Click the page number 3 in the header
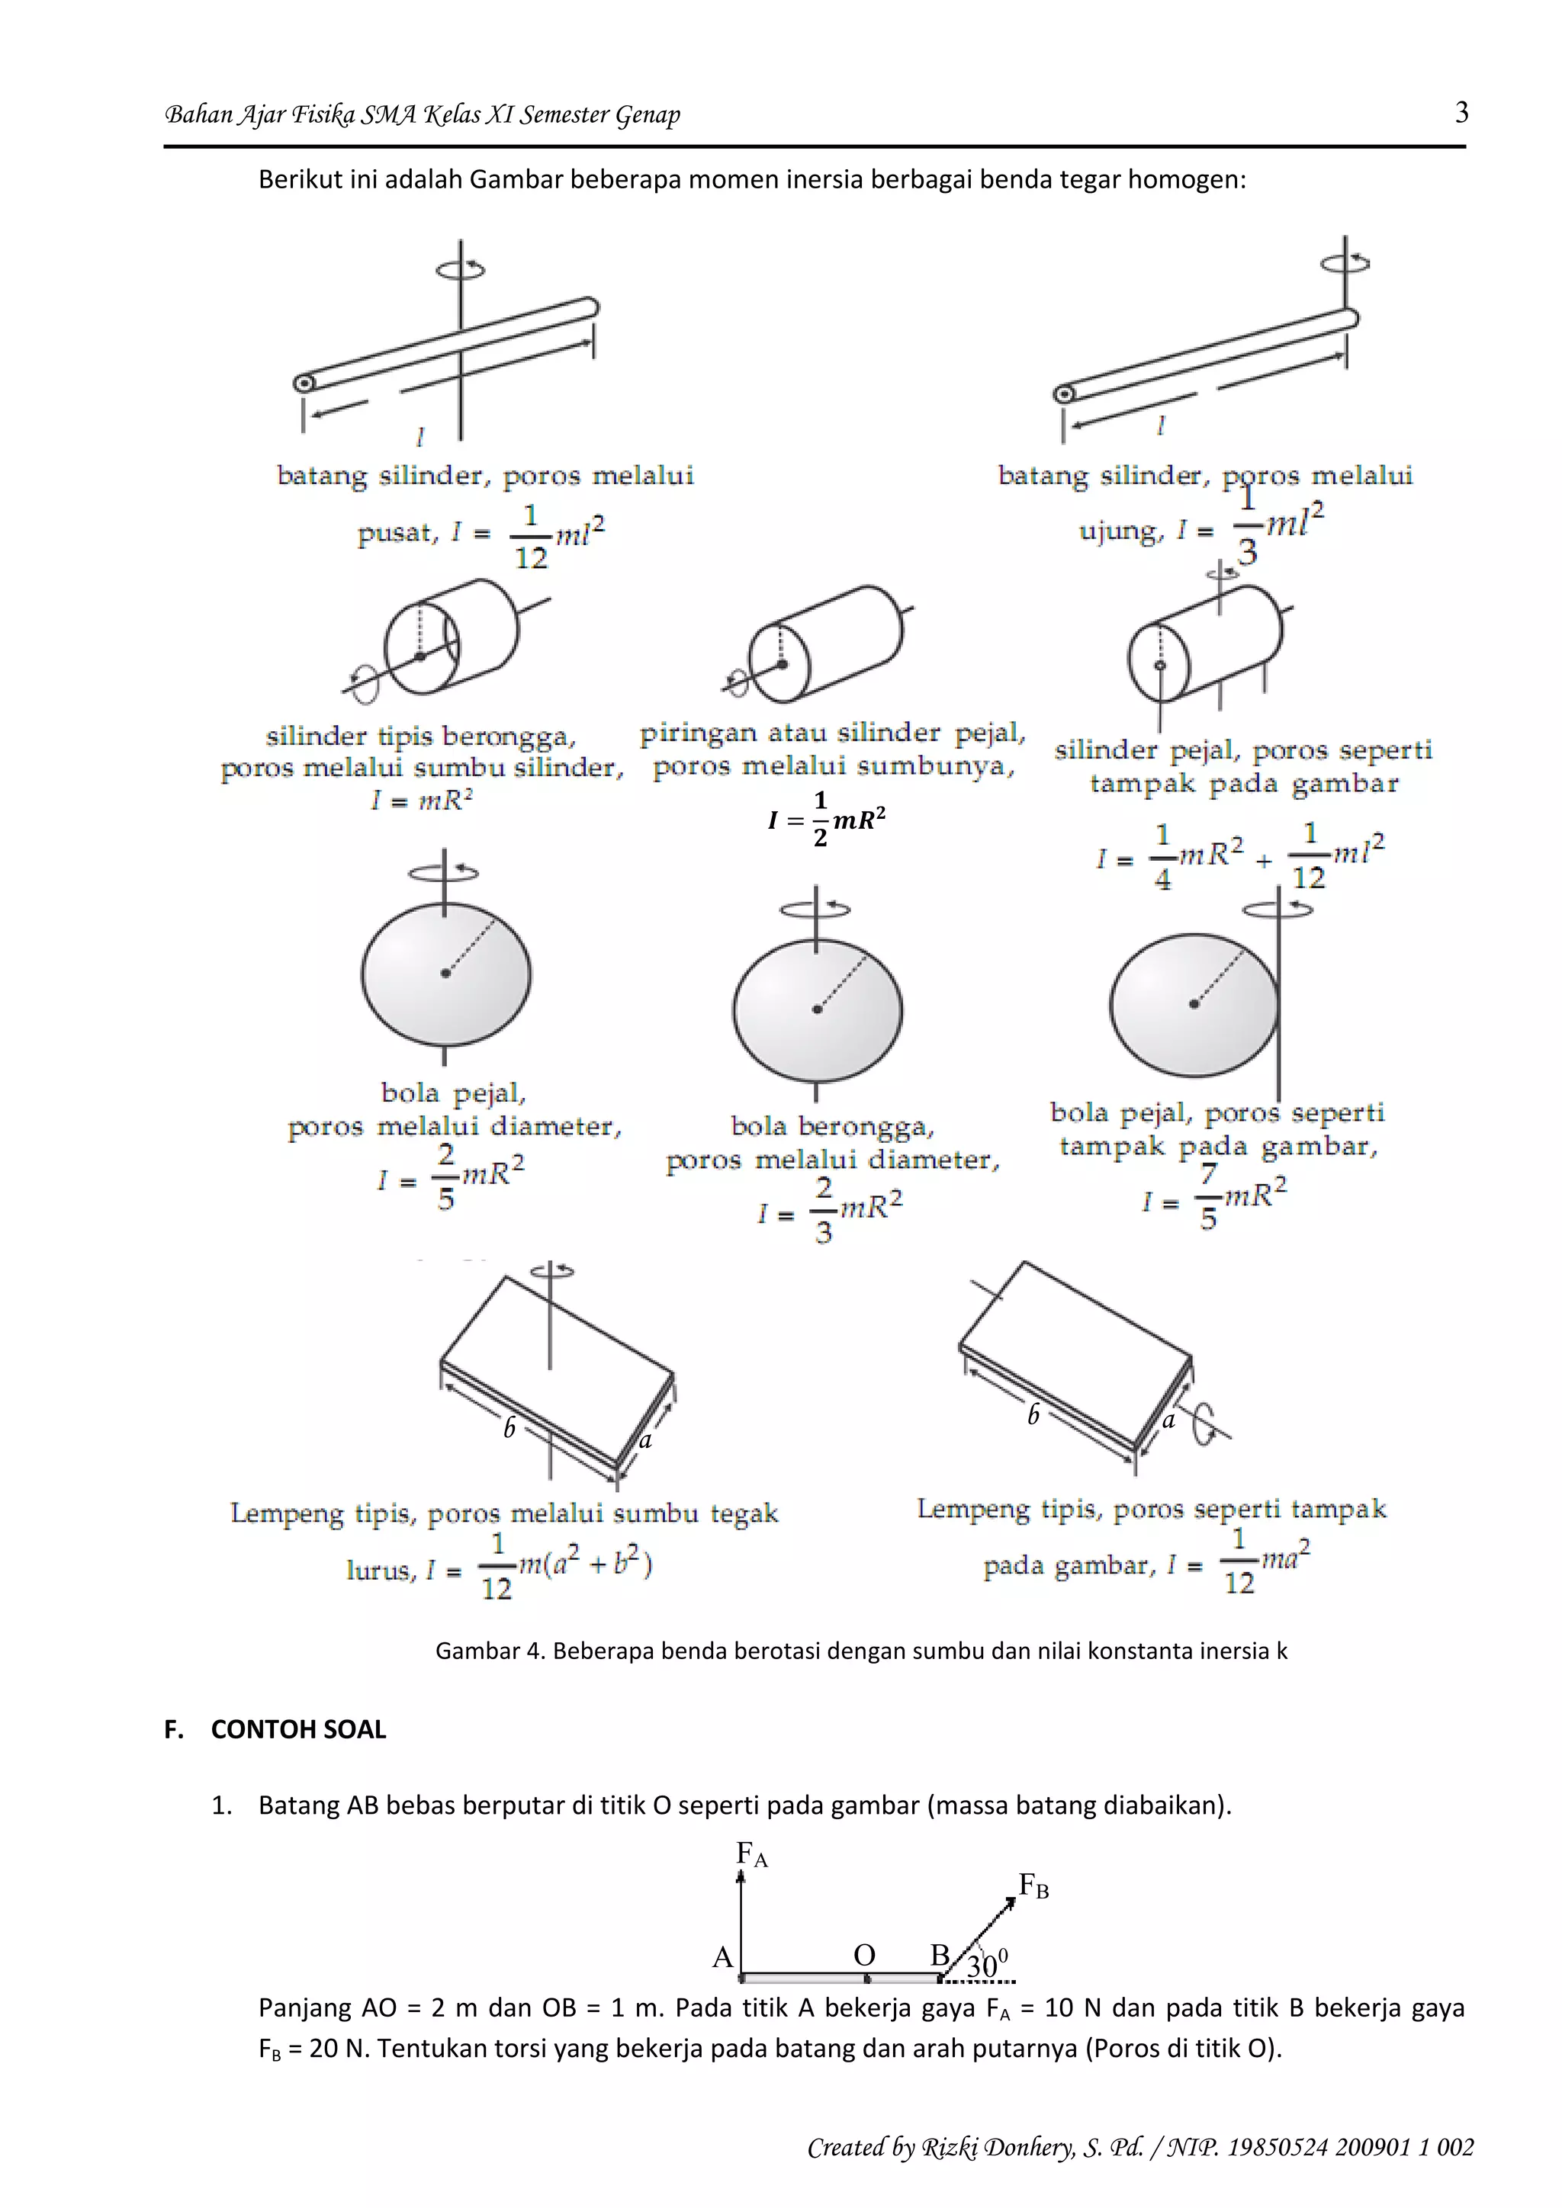1461,114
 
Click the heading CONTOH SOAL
298,1729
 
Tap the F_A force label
751,1854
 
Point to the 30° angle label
987,1965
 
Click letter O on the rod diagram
863,1955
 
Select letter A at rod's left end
722,1957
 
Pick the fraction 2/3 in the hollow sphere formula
823,1211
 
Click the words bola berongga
831,1126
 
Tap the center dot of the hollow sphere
817,1009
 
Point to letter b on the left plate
509,1428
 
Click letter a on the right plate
1168,1420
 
